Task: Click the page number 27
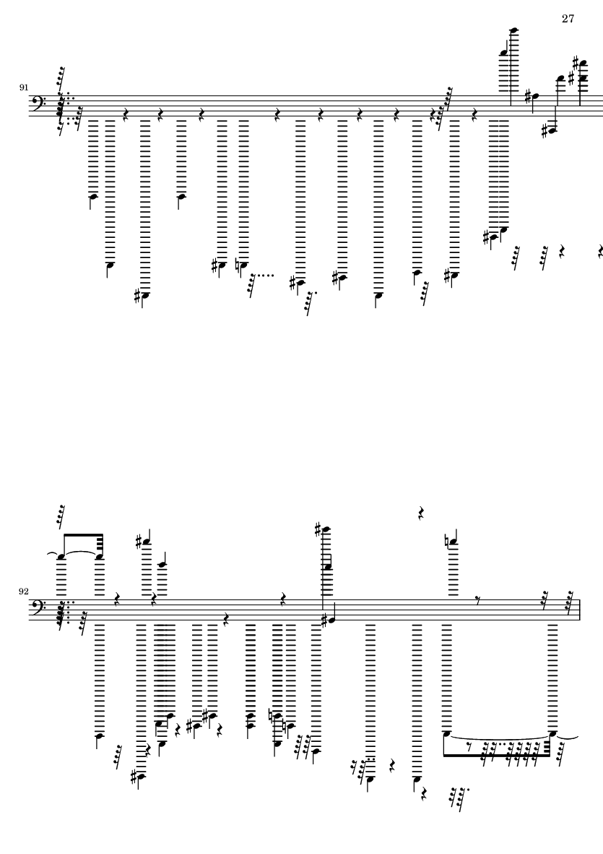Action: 568,19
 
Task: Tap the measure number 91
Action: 24,87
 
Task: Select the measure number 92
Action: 24,592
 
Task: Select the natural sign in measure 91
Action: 238,267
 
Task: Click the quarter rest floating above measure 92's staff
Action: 420,514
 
